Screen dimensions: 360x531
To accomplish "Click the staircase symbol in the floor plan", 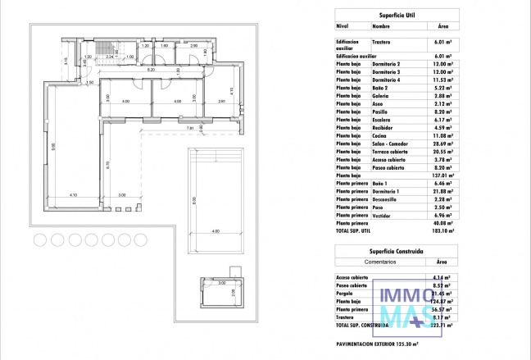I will [105, 50].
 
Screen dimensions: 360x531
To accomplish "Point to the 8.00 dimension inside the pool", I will [194, 200].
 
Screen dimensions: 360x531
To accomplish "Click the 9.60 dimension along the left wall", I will [54, 148].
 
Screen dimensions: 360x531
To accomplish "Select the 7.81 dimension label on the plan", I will [190, 128].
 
